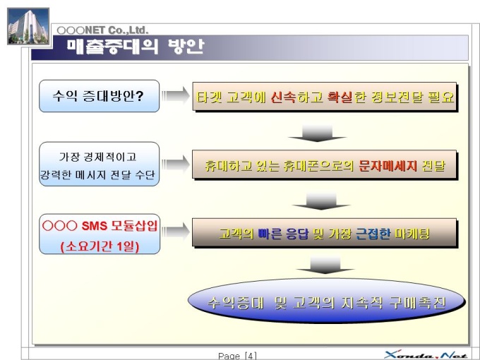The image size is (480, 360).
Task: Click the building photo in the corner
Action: [28, 27]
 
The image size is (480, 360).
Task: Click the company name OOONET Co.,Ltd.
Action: [102, 30]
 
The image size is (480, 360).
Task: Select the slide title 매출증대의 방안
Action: [136, 47]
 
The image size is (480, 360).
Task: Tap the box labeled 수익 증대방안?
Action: [100, 96]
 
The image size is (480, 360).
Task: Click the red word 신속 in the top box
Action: [283, 97]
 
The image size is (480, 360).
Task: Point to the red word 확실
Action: [340, 97]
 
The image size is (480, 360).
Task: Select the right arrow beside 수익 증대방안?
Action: [175, 95]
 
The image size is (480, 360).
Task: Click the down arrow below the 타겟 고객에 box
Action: [317, 133]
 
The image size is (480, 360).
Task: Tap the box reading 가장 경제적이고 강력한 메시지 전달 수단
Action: [100, 164]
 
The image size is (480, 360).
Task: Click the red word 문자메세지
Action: [388, 166]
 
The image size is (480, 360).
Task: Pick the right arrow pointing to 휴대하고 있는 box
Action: [175, 164]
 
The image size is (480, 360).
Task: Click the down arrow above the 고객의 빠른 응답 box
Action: [321, 201]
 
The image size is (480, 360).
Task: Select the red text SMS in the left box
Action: [95, 226]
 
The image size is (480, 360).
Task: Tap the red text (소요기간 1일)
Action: [100, 246]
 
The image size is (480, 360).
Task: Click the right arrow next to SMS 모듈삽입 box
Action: [175, 231]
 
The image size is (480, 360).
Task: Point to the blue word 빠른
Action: [270, 234]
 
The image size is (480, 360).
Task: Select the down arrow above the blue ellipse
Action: [325, 265]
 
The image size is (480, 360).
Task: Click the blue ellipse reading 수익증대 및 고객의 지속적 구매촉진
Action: [326, 301]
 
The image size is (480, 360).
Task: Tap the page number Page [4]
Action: [237, 356]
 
